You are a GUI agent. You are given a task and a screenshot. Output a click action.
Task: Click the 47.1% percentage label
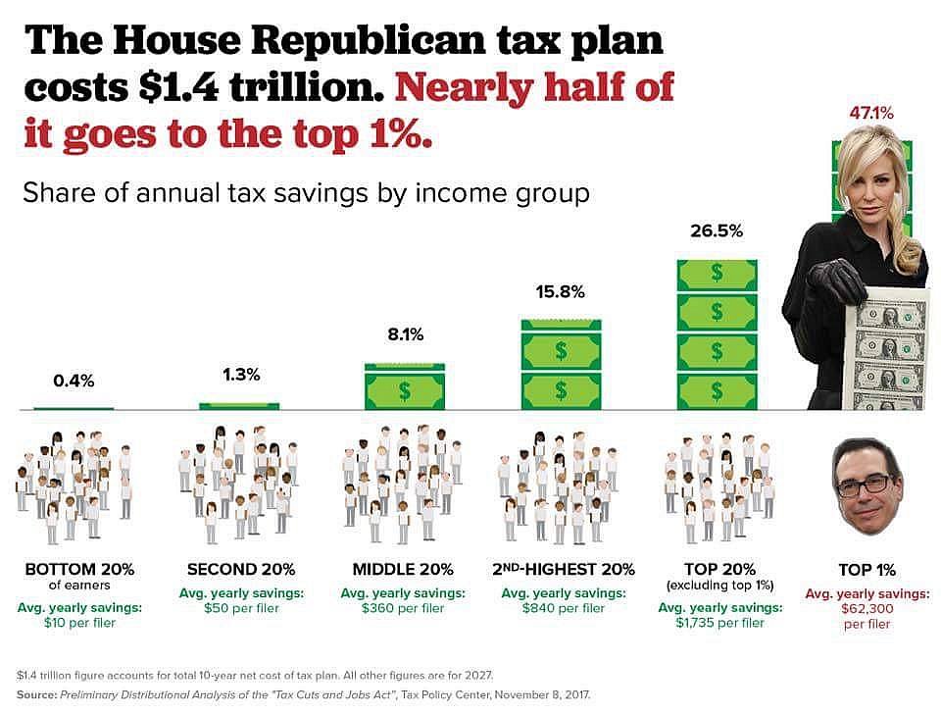[x=871, y=115]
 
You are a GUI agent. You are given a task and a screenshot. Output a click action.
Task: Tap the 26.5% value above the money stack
[x=717, y=232]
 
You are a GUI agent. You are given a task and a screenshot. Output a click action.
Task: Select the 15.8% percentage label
[x=560, y=291]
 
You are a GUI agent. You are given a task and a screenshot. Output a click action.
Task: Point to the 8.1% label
[x=404, y=335]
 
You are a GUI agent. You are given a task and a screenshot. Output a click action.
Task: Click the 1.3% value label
[x=239, y=375]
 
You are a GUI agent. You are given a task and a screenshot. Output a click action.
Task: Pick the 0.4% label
[x=74, y=381]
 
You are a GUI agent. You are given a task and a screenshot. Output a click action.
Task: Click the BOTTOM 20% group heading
[x=79, y=569]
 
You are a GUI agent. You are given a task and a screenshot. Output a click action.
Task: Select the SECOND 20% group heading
[x=241, y=569]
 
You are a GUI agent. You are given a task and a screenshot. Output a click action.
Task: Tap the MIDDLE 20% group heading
[x=402, y=569]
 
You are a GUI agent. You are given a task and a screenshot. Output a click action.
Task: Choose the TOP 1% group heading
[x=867, y=569]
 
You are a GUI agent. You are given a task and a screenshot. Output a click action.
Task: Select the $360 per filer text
[x=403, y=608]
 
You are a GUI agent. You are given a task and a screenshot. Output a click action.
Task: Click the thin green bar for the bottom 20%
[x=74, y=407]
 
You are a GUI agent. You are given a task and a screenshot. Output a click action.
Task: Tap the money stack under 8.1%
[x=404, y=386]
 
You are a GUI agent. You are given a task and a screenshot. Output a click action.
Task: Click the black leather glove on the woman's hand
[x=834, y=280]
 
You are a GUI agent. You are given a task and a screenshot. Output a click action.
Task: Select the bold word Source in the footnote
[x=36, y=693]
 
